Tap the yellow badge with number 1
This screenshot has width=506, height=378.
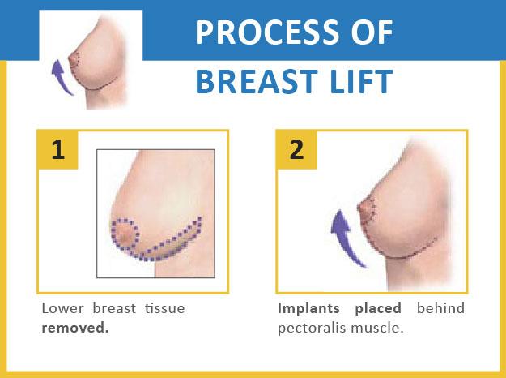click(x=58, y=150)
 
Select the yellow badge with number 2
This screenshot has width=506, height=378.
click(x=297, y=150)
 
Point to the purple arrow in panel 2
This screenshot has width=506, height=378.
click(x=344, y=239)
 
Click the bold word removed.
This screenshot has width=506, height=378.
click(x=75, y=328)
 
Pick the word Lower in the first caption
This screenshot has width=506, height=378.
click(x=62, y=308)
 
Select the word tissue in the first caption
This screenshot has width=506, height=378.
click(x=164, y=308)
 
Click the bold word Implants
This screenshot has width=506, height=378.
click(x=308, y=309)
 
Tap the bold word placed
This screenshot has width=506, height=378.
click(x=378, y=309)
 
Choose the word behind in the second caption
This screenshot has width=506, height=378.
click(x=440, y=307)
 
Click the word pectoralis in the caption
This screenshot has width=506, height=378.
click(x=312, y=329)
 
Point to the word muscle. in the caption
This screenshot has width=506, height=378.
click(x=377, y=328)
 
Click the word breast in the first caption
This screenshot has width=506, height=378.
click(x=114, y=308)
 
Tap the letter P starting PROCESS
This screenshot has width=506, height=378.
click(x=204, y=32)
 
